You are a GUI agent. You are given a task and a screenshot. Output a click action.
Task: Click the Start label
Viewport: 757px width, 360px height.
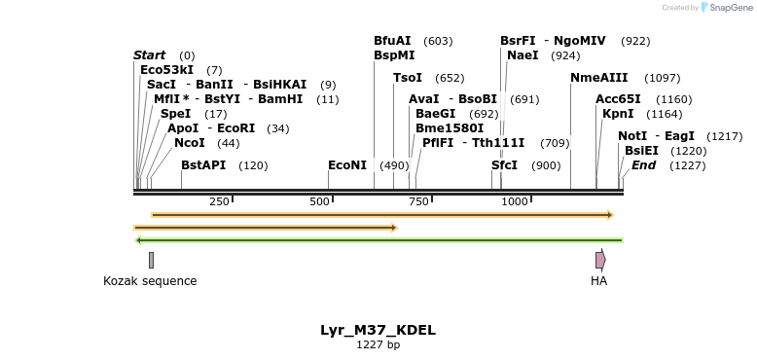coord(149,55)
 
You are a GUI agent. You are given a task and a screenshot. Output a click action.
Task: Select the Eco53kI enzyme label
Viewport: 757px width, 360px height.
coord(166,70)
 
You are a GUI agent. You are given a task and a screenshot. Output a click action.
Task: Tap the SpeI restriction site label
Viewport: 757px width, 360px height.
coord(175,114)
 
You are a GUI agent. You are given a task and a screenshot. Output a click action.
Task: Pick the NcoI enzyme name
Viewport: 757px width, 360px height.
coord(189,143)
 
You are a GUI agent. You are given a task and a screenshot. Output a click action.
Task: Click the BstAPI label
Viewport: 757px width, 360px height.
coord(202,165)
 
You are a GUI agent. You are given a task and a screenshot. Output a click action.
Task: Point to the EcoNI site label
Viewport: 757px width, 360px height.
coord(347,165)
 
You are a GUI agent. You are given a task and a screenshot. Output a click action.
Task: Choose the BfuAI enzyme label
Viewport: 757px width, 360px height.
coord(392,41)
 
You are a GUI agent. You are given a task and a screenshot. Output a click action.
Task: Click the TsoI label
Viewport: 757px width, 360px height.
coord(407,78)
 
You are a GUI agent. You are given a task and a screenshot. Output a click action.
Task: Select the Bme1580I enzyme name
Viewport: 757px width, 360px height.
coord(450,128)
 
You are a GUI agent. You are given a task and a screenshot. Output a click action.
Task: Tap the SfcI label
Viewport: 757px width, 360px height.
coord(504,165)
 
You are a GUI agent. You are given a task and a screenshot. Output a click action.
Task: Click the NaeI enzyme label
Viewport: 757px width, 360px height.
coord(523,55)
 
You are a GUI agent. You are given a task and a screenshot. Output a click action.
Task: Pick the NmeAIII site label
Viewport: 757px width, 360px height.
coord(598,78)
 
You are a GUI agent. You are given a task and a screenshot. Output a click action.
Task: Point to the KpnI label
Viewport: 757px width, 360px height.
coord(618,114)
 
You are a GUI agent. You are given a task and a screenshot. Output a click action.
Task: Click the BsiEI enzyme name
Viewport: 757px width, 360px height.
coord(641,151)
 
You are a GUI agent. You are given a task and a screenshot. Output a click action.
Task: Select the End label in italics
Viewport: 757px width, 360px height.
coord(643,165)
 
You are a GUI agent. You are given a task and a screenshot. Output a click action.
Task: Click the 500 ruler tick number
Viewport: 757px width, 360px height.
coord(319,201)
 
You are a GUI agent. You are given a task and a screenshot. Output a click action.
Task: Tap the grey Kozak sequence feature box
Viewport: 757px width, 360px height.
coord(151,260)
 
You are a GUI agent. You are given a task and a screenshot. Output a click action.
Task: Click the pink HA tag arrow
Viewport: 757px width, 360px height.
coord(600,260)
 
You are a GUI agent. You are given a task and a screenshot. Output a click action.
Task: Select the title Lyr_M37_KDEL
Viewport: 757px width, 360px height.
coord(378,330)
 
